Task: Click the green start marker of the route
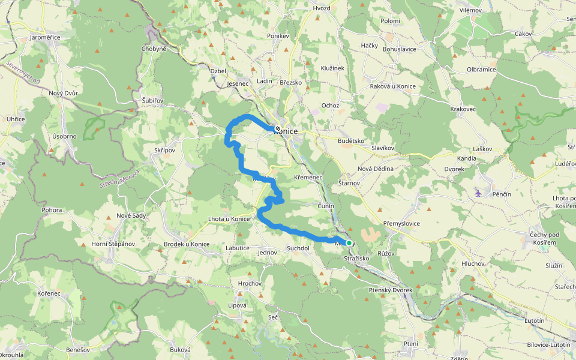[349, 243]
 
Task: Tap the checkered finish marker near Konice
[277, 128]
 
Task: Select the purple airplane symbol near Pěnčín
[478, 193]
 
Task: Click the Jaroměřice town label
[46, 37]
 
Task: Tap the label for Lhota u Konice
[229, 218]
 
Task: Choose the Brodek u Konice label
[187, 244]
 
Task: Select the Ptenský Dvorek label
[390, 290]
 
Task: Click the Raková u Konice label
[394, 86]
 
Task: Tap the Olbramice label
[481, 70]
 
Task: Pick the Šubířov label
[152, 100]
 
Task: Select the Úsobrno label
[64, 136]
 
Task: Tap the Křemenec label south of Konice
[309, 178]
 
